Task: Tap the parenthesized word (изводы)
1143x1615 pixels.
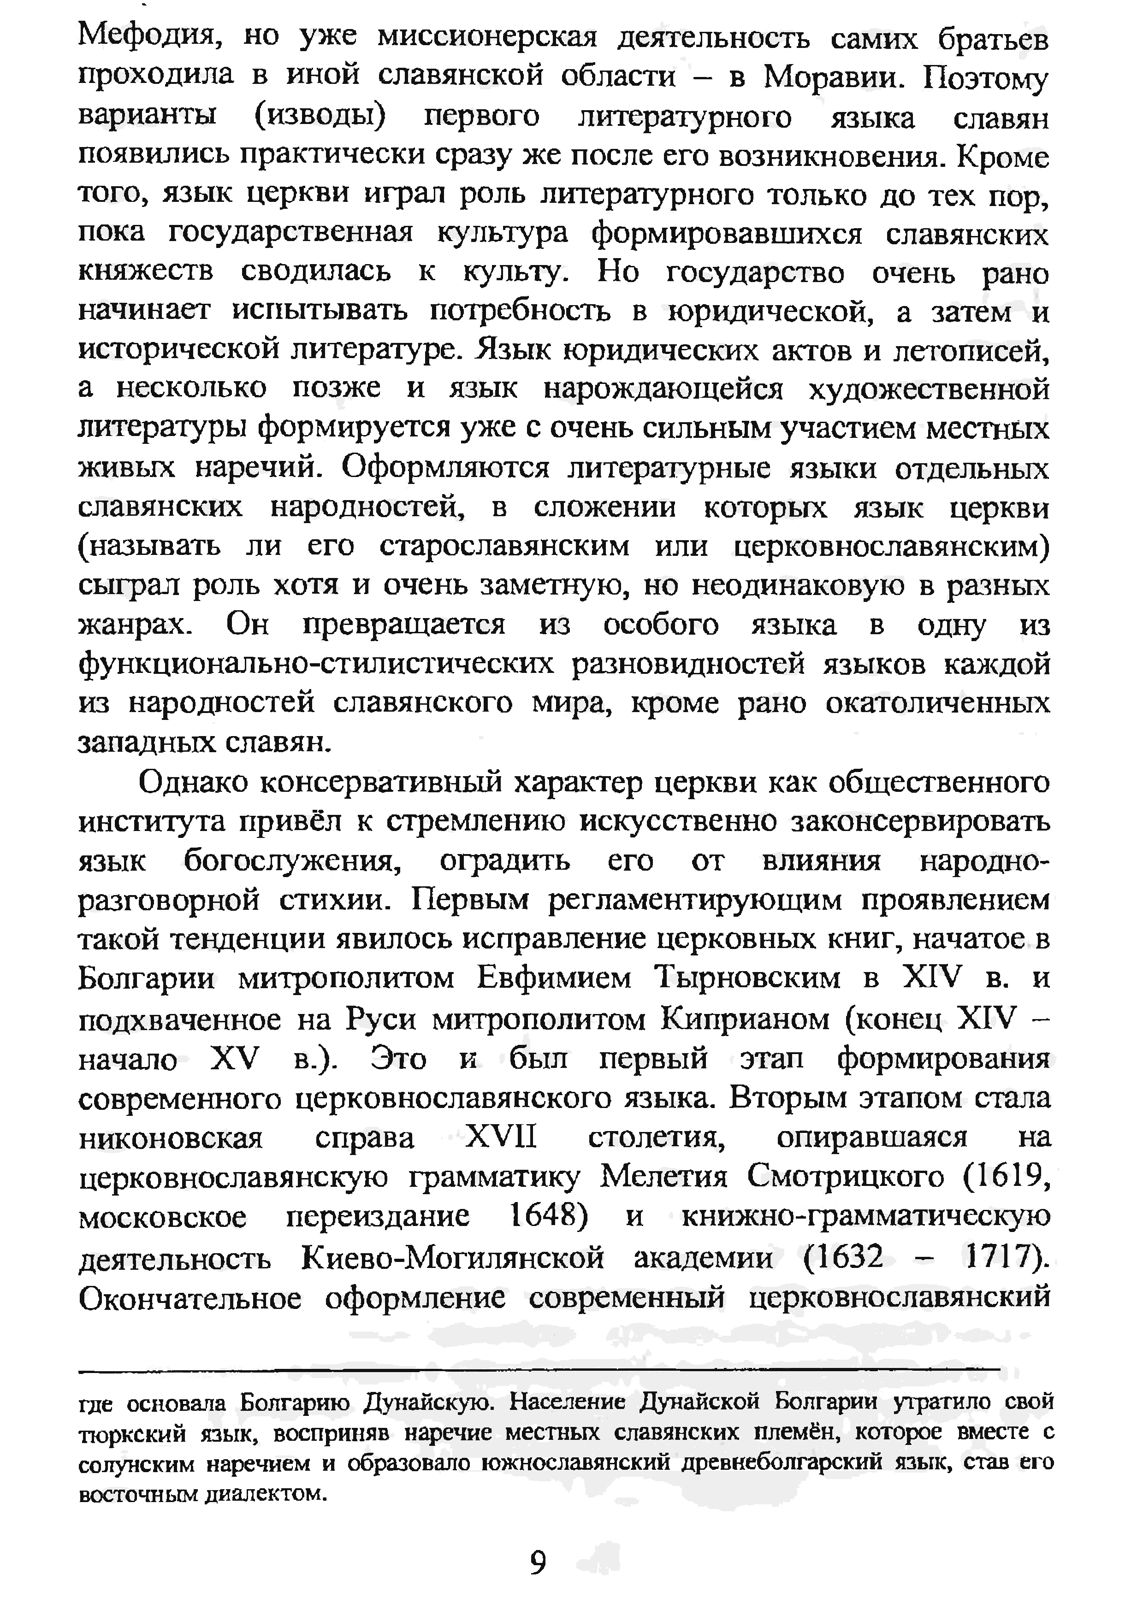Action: pyautogui.click(x=320, y=116)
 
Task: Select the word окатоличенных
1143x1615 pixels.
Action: pyautogui.click(x=937, y=703)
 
